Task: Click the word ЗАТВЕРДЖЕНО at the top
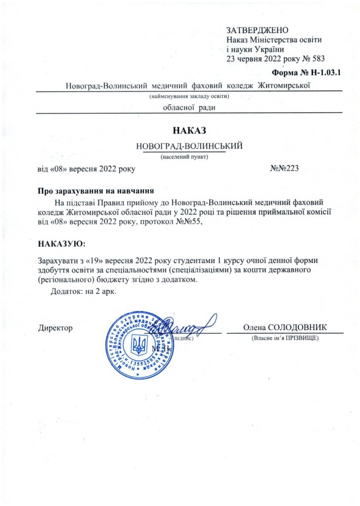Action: [257, 31]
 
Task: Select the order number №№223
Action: [285, 169]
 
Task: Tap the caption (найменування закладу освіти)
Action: [190, 96]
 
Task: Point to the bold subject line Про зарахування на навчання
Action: [96, 191]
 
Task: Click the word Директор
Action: [55, 328]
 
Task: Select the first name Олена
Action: [254, 328]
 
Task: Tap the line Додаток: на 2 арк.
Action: [83, 291]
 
